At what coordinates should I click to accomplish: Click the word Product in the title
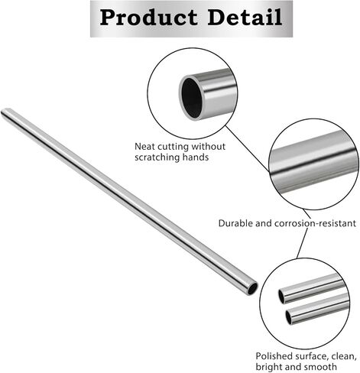[146, 18]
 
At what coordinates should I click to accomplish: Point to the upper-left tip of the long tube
[6, 113]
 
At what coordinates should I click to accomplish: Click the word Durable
[236, 223]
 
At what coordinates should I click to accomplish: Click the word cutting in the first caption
[177, 146]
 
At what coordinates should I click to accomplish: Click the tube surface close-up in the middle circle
[313, 168]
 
